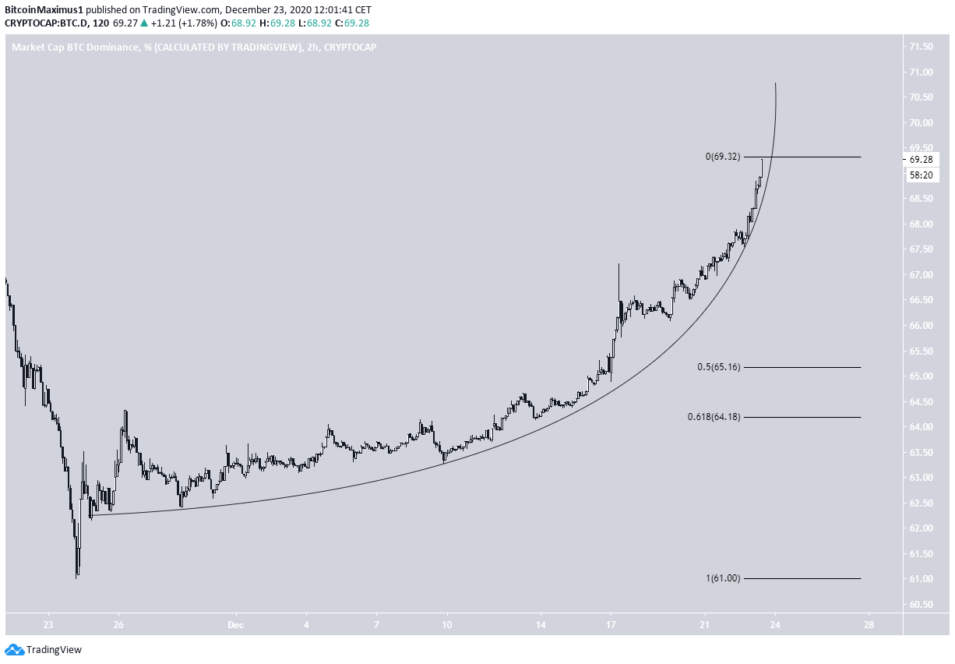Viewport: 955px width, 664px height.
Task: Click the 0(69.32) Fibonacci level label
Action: coord(722,157)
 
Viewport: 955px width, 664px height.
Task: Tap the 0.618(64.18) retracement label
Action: coord(714,418)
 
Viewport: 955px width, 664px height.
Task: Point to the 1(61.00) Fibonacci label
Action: coord(722,578)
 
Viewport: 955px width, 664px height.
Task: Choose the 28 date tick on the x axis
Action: coord(869,625)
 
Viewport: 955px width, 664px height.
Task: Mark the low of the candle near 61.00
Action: coord(76,577)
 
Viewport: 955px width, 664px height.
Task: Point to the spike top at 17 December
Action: coord(618,264)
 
